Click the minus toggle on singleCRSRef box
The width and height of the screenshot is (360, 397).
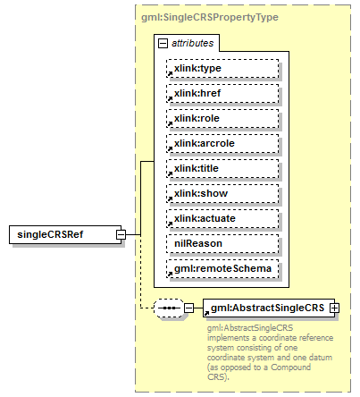pyautogui.click(x=121, y=234)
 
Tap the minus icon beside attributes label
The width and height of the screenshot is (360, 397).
pyautogui.click(x=163, y=43)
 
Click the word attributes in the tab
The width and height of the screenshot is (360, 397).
pyautogui.click(x=192, y=43)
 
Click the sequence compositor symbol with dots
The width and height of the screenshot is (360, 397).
pyautogui.click(x=168, y=308)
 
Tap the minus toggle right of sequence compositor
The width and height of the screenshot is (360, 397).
pyautogui.click(x=188, y=308)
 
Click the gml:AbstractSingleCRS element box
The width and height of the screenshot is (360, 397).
pyautogui.click(x=268, y=308)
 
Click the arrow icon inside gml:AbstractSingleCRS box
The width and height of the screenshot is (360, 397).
pyautogui.click(x=209, y=311)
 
